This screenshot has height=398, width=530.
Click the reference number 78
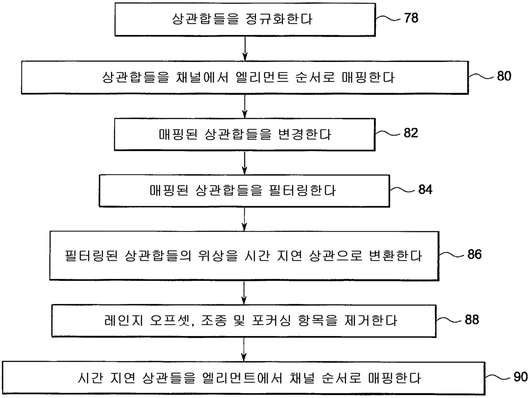(x=411, y=18)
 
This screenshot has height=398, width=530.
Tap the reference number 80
(x=504, y=76)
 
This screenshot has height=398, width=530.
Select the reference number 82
(x=411, y=133)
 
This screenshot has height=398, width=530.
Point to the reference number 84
(x=425, y=189)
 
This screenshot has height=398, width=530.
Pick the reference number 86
(x=474, y=254)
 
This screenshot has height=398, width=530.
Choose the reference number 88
(x=472, y=319)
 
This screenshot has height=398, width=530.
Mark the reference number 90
(x=521, y=377)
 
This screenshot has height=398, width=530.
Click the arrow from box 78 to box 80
(x=245, y=49)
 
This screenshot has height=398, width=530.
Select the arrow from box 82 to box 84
(x=244, y=163)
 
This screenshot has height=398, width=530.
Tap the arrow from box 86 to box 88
(x=244, y=293)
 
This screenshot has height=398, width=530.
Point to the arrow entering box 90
(x=244, y=349)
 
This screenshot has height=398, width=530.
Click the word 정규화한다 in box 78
(x=279, y=19)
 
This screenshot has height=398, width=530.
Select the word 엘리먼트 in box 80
(x=262, y=77)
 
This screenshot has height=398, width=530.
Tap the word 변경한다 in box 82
(x=304, y=134)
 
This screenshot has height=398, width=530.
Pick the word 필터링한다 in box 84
(x=302, y=190)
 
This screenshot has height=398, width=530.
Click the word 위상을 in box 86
(x=218, y=256)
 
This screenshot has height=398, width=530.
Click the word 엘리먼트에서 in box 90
(x=242, y=378)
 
